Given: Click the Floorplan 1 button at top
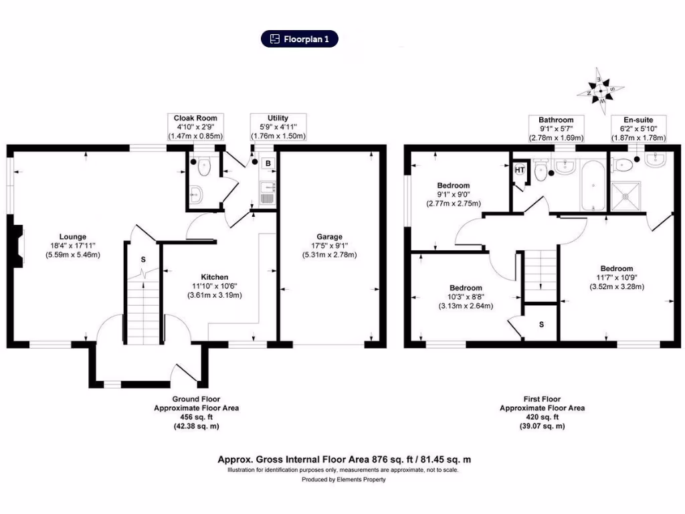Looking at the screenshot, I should point(300,39).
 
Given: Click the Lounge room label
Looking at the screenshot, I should point(72,236).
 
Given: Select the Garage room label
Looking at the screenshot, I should point(330,236).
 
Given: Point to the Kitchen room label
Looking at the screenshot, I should point(215,277).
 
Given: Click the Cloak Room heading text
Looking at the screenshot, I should point(196,118).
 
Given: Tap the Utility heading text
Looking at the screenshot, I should point(278,118).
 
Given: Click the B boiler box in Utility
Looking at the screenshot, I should point(268,163).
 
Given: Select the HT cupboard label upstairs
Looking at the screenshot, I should point(520,169).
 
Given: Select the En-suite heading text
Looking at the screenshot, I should point(636,120).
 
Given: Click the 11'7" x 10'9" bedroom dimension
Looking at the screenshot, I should point(616,278).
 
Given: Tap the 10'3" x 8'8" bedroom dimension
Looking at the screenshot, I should point(466,296).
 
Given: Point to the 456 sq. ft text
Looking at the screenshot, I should point(196,417).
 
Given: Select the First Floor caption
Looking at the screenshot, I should point(542,399).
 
